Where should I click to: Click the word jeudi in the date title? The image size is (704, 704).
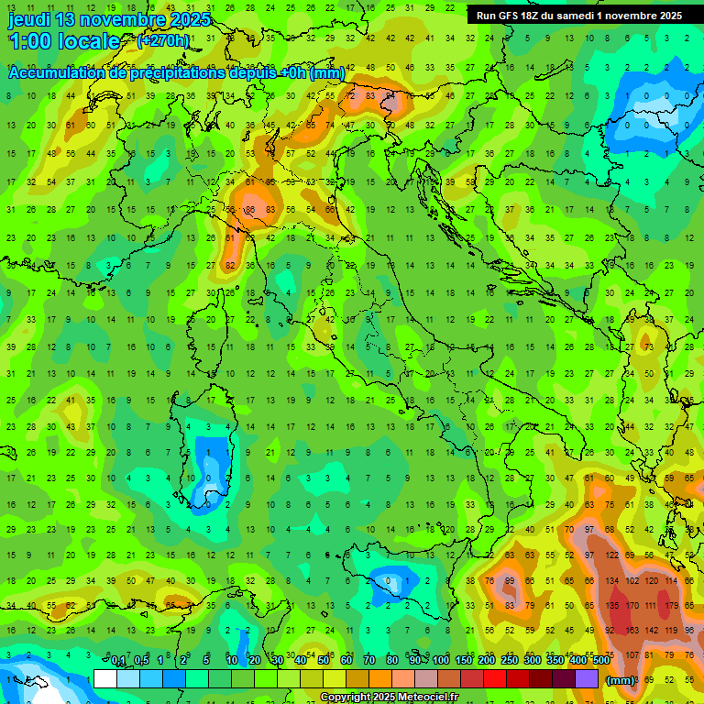[28, 19]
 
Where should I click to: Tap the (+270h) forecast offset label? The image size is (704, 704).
[163, 40]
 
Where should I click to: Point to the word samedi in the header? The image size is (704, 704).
[574, 16]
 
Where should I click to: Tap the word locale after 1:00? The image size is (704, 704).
[87, 41]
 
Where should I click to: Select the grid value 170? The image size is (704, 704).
[630, 605]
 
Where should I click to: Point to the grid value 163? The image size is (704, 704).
[630, 630]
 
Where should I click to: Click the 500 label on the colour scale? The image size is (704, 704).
[600, 660]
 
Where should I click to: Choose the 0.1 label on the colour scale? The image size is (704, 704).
[118, 660]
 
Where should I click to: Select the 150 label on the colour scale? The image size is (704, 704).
[463, 660]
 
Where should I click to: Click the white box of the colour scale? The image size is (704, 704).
[105, 678]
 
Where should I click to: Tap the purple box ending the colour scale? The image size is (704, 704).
[587, 678]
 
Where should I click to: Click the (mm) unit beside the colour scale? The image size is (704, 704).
[620, 679]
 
